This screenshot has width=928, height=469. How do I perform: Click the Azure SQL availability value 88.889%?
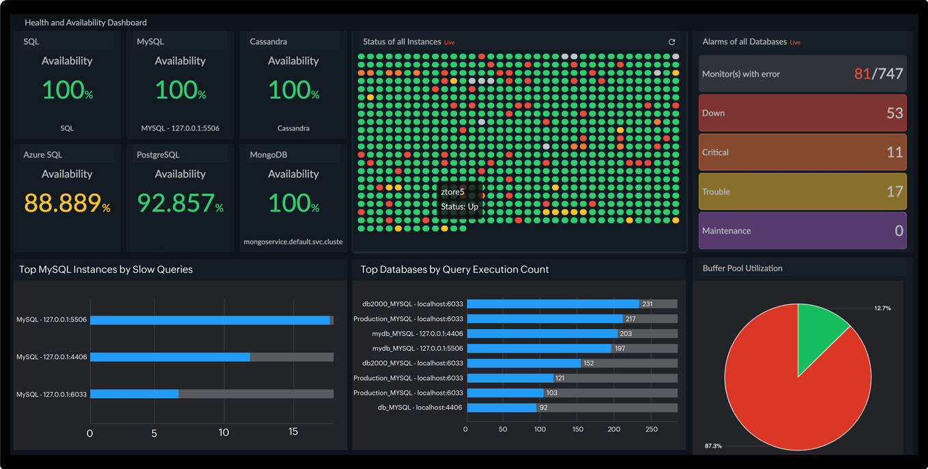click(66, 203)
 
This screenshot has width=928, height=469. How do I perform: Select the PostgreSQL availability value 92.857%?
click(179, 203)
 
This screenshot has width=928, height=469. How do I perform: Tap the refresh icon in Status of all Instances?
click(671, 42)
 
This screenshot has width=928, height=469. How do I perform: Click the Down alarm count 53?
click(895, 113)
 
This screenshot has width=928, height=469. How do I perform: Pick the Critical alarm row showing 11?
click(802, 152)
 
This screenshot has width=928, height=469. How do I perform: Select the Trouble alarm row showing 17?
click(802, 192)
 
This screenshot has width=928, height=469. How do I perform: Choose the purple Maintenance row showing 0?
click(802, 231)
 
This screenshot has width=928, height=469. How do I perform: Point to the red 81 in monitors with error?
click(862, 74)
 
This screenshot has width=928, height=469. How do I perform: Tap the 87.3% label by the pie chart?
click(713, 446)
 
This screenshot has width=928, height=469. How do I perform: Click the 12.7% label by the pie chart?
click(882, 309)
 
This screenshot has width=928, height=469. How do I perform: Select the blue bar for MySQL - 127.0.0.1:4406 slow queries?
click(170, 357)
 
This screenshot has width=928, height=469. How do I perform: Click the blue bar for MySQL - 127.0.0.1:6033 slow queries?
click(134, 394)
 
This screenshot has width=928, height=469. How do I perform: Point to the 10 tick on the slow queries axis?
click(224, 432)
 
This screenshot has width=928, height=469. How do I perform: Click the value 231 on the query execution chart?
click(647, 304)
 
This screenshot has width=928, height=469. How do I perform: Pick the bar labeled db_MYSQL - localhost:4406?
click(502, 408)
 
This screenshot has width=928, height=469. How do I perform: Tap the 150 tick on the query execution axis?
click(577, 429)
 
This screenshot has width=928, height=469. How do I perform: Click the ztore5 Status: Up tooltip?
click(459, 199)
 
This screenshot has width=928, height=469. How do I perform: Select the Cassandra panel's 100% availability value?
click(293, 89)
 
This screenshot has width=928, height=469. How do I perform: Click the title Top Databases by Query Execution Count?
click(454, 270)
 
